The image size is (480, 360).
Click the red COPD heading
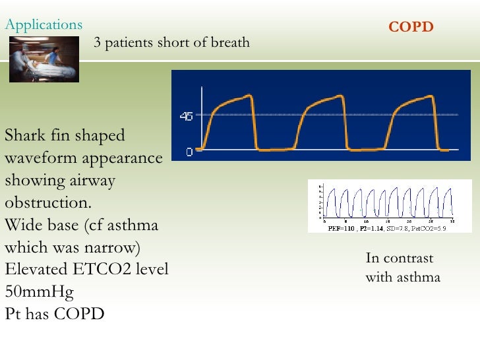[x=411, y=27]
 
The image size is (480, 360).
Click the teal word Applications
[x=44, y=25]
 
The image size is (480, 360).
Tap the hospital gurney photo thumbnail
[x=44, y=59]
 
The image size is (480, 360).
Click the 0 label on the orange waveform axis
[x=189, y=152]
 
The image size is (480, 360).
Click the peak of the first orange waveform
[x=249, y=97]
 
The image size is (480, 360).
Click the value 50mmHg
[x=40, y=292]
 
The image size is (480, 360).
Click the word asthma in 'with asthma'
[x=418, y=277]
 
